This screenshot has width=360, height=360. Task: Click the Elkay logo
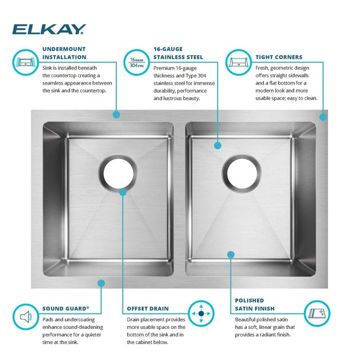(x=49, y=29)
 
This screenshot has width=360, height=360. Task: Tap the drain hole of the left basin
(x=117, y=171)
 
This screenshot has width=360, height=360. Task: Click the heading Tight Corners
(x=279, y=57)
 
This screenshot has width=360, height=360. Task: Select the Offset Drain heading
(x=148, y=309)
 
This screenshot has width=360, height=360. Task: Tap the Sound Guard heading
(x=66, y=309)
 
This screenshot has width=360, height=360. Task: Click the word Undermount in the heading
(x=64, y=49)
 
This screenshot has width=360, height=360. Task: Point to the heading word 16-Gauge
(x=168, y=49)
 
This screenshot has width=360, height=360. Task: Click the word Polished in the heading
(x=249, y=300)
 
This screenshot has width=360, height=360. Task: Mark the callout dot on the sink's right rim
(x=323, y=116)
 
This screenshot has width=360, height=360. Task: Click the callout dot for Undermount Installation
(x=116, y=115)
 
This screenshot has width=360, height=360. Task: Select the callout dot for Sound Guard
(x=101, y=283)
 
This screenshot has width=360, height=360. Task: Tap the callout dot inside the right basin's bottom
(x=231, y=254)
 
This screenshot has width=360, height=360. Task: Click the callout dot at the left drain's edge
(x=123, y=192)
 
